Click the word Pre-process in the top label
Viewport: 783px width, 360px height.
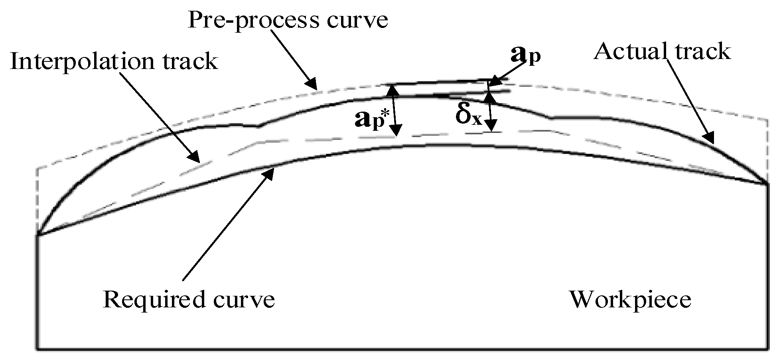[253, 20]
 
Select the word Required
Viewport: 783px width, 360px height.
[155, 299]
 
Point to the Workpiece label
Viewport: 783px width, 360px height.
[629, 299]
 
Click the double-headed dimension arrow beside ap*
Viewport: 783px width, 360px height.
[394, 110]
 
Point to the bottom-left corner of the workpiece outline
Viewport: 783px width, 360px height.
[37, 349]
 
